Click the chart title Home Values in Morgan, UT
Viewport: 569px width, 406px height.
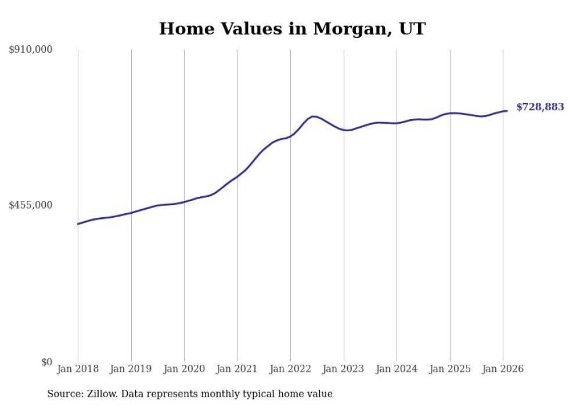coord(292,28)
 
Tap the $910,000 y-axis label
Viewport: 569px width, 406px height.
coord(30,50)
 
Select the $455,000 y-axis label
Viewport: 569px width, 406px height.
coord(30,205)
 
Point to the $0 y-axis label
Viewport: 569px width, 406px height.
coord(46,362)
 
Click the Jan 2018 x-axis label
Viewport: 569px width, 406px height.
coord(78,369)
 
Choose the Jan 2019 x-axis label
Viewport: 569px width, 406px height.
coord(131,369)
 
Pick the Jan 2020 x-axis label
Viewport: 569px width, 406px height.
coord(184,369)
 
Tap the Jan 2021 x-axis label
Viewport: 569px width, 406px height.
coord(237,369)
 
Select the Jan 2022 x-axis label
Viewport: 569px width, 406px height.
coord(290,369)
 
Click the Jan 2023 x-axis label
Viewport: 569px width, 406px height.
coord(344,369)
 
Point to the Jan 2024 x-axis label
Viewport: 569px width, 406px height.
coord(397,369)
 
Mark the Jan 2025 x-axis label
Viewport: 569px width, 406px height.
coord(450,369)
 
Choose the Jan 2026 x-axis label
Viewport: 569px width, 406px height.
coord(503,369)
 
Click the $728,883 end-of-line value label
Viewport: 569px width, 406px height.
coord(540,107)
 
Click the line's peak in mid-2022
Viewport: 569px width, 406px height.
coord(314,116)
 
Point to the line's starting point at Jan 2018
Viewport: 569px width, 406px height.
coord(78,224)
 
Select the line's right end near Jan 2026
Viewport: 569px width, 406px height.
coord(507,110)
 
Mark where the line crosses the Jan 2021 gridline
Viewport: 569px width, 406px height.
coord(237,175)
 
